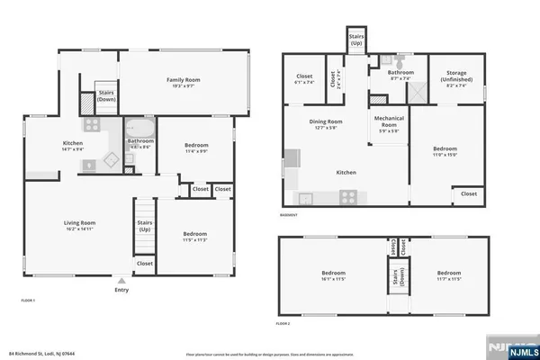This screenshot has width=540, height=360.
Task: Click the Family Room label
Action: point(182,83)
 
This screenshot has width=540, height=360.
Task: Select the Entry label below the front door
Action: point(121,290)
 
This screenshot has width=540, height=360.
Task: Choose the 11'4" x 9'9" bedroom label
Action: point(196,148)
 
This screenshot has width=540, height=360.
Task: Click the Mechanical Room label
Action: point(389,126)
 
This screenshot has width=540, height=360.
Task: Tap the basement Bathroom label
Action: point(400,75)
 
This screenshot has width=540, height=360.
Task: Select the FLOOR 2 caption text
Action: point(283,322)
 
